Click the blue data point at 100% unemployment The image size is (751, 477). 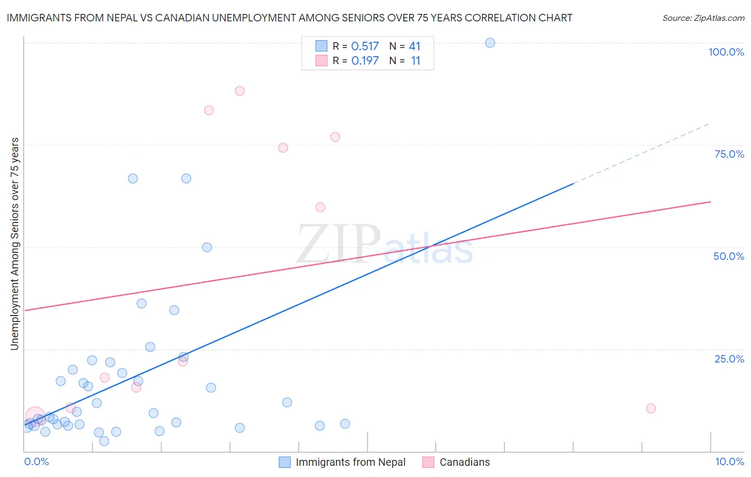pos(490,43)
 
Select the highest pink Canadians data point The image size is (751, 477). pos(239,91)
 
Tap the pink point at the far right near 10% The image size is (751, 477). pos(651,409)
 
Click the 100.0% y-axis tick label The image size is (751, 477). pos(726,52)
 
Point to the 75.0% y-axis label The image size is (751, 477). pos(729,154)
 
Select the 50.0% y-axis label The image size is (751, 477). pos(729,256)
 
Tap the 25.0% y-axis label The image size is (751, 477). pos(729,359)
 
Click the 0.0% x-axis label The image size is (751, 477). pos(36,461)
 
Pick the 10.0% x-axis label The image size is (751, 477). pos(729,461)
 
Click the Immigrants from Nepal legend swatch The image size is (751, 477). pos(285,462)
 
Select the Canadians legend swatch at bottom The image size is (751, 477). pos(428,462)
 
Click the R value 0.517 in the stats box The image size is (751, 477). pos(365,46)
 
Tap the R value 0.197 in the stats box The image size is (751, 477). pos(365,60)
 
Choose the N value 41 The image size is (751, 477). pos(414,46)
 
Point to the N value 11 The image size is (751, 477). pos(416,60)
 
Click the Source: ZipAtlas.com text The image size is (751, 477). pos(703,18)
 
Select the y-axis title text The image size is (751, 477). pos(14,244)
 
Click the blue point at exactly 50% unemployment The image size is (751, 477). pos(207,247)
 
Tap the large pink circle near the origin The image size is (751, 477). pos(35,416)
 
